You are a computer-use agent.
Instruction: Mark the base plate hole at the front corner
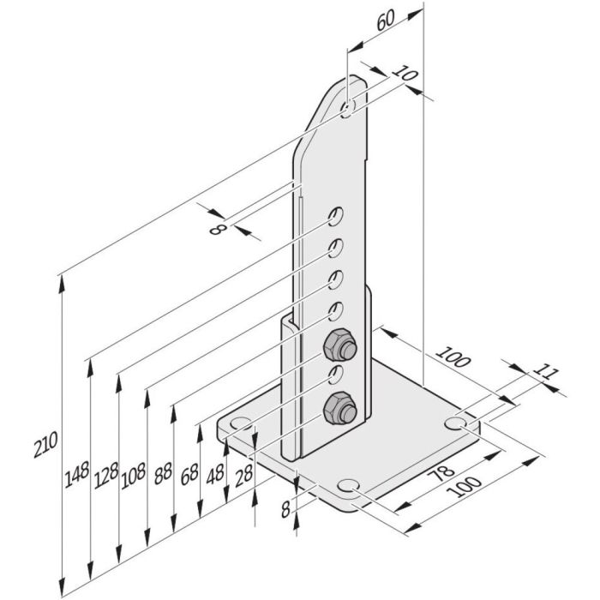(349, 487)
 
